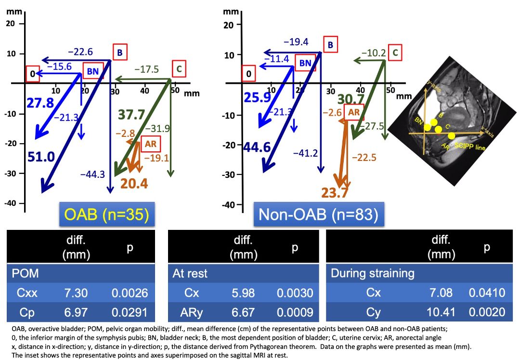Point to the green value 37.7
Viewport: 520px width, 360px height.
click(x=131, y=115)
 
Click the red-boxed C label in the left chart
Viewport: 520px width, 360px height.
click(x=178, y=70)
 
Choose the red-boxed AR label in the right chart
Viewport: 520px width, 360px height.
click(x=354, y=112)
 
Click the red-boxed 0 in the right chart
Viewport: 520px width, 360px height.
click(x=249, y=74)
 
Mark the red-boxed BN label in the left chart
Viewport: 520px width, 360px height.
click(x=92, y=72)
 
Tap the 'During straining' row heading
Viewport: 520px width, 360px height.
click(x=373, y=273)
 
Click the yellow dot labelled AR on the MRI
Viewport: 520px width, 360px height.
click(x=451, y=135)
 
